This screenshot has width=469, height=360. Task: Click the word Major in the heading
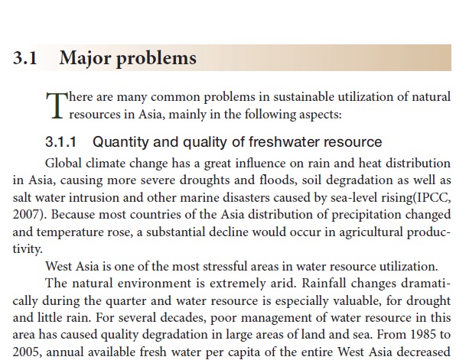tap(86, 58)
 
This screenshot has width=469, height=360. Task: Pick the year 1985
tap(422, 331)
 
